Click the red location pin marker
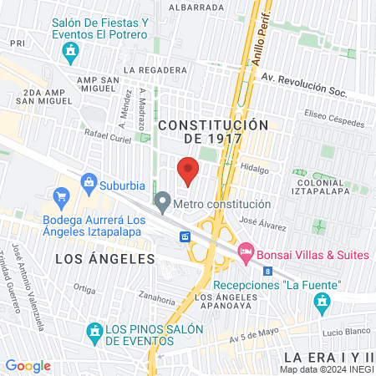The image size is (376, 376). [x=189, y=170]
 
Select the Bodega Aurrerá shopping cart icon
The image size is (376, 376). [x=60, y=198]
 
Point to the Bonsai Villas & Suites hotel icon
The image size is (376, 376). [x=246, y=251]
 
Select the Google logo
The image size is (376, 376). [x=28, y=365]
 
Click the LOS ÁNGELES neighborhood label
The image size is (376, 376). [x=105, y=259]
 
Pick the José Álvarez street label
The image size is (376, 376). [x=257, y=221]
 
